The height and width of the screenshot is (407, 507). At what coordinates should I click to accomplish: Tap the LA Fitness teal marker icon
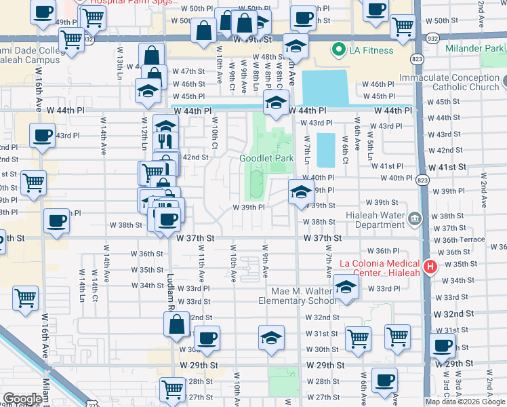coord(338,50)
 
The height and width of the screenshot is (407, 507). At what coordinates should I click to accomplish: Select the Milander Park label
coord(474,49)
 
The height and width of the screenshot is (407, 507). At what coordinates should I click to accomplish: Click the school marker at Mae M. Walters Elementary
coord(346,288)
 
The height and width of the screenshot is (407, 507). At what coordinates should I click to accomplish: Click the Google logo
coord(22,398)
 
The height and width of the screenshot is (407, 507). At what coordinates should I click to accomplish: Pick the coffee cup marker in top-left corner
coord(43,12)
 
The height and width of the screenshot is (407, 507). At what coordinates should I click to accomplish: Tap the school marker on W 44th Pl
coord(275,103)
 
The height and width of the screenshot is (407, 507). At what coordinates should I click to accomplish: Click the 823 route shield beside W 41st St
coord(423,180)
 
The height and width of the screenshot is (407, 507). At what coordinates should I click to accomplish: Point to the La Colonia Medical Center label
coord(380,264)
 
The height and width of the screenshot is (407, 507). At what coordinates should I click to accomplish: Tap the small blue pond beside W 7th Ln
coord(326,150)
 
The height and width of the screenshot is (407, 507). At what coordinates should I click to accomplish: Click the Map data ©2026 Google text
coord(465,402)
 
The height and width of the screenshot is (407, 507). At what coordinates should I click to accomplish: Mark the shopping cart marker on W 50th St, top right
coord(403,26)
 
